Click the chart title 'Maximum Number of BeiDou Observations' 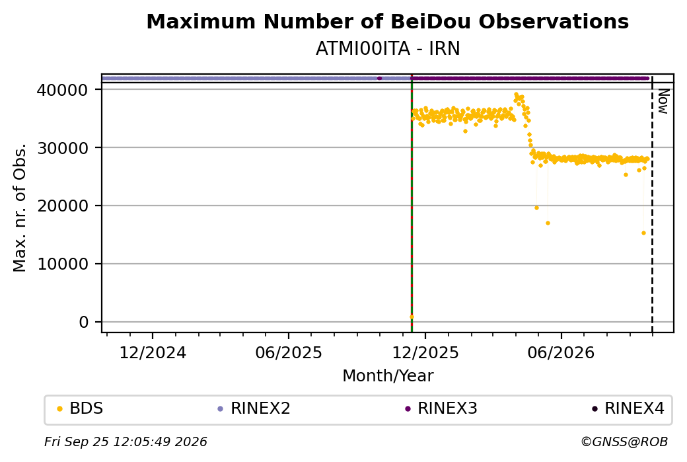click(387, 21)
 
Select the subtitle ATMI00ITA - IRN click(388, 49)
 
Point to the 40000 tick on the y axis click(63, 90)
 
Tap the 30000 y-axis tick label click(63, 148)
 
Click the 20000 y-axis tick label click(63, 206)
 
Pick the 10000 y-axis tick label click(63, 264)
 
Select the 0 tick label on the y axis click(84, 323)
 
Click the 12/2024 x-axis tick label click(153, 353)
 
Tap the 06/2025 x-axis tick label click(289, 353)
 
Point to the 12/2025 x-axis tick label click(425, 353)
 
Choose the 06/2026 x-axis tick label click(561, 353)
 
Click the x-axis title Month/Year click(388, 376)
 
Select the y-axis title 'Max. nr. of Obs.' click(20, 208)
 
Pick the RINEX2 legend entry click(254, 408)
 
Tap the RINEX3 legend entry click(441, 408)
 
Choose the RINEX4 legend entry click(628, 408)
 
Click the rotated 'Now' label click(663, 101)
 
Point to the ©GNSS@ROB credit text click(624, 442)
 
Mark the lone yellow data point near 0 click(412, 317)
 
